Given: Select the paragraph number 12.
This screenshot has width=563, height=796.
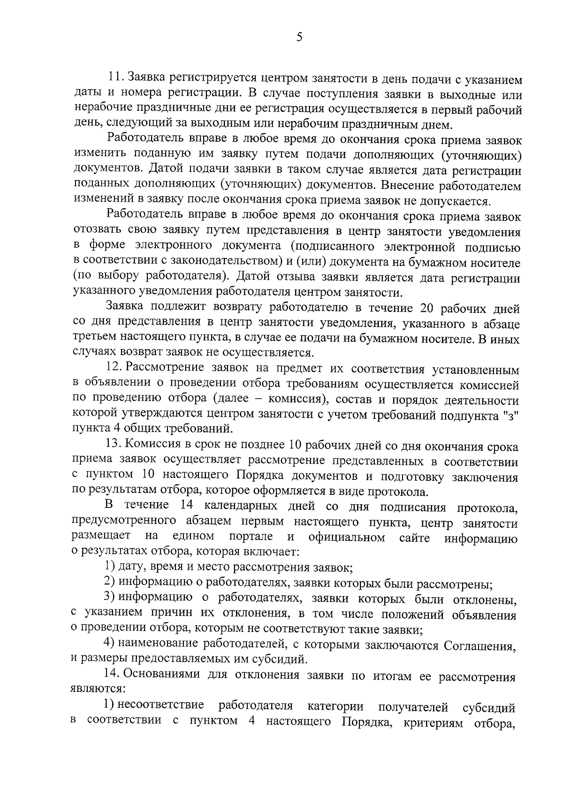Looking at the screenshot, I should (x=114, y=369).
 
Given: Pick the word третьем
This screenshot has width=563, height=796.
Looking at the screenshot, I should (x=93, y=338).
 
